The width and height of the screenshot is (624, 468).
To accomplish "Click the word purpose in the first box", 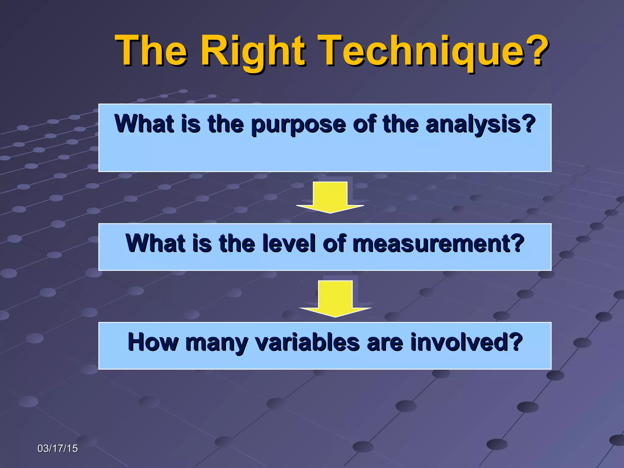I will point(298,124).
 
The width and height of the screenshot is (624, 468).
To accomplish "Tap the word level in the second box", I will point(289,243).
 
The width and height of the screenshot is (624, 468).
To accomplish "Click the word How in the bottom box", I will point(153,342).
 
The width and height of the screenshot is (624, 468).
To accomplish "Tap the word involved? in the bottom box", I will point(466,342).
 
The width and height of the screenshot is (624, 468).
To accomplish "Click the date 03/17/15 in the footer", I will point(58,448).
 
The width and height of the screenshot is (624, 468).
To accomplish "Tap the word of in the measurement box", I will point(334,243).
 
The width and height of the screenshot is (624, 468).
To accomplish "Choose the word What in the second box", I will point(155,243).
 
